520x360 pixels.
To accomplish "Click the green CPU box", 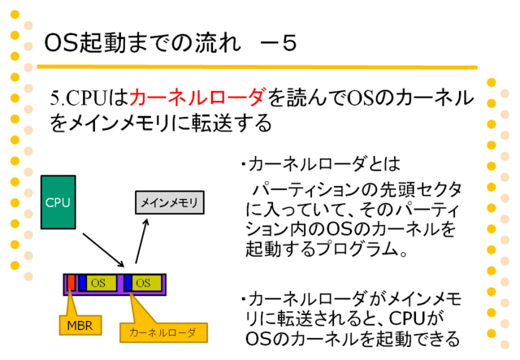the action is point(58,202).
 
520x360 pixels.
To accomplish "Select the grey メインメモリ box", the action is point(170,202).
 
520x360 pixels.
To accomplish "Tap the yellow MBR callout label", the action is point(80,325).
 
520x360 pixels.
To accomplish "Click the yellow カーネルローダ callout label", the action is point(163,332).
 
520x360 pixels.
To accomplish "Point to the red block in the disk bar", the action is point(71,283).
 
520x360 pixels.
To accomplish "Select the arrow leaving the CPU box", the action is point(103,249).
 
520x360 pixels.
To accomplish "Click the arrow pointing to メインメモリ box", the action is point(141,241).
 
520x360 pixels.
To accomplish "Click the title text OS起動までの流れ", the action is point(142,43).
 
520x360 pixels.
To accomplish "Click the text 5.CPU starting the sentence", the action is point(79,98).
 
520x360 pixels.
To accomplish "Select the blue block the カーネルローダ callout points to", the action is point(128,283).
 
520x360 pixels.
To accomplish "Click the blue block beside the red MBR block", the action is point(83,283).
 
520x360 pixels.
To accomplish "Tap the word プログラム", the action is point(357,249).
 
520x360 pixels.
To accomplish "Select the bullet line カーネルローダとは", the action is point(321,163).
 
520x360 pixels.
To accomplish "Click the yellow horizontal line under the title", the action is point(257,67).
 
